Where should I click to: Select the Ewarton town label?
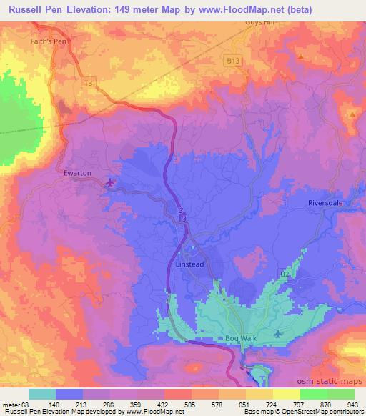tap(78, 172)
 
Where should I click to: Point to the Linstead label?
tap(191, 262)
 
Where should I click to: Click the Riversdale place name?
tap(326, 203)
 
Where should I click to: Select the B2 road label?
tap(284, 274)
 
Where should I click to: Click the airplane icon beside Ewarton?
tap(110, 184)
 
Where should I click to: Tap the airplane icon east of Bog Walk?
tap(279, 333)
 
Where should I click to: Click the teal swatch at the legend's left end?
tap(42, 395)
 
